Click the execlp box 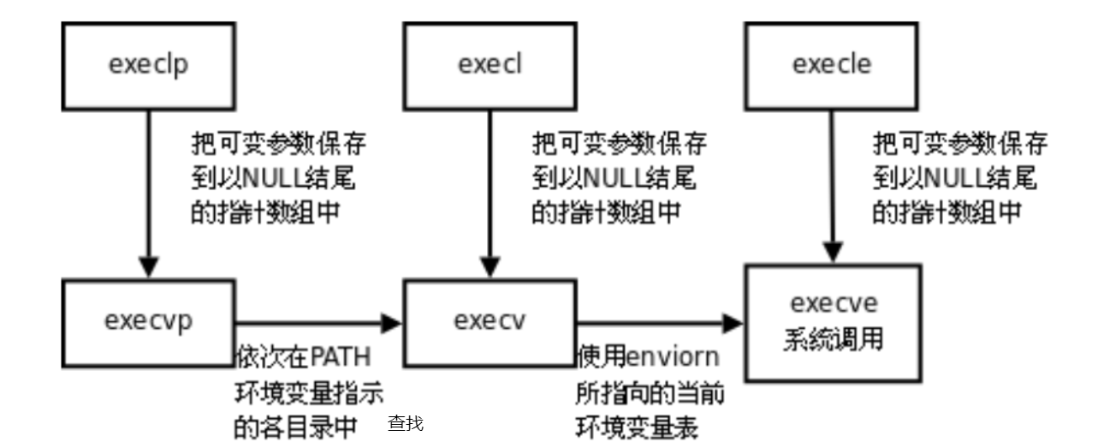148,65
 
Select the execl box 490,65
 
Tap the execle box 831,65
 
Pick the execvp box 148,323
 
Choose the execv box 490,323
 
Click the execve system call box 833,323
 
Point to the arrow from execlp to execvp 149,188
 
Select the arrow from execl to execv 490,188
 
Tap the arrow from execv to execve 660,323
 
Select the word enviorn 674,355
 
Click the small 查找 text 406,423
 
